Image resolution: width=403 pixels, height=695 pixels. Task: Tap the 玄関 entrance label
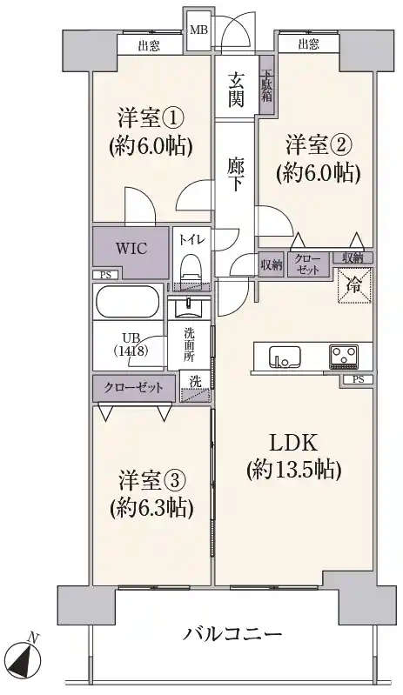236,90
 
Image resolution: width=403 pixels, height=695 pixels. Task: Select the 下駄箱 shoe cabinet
266,85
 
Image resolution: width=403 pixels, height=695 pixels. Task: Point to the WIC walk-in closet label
131,248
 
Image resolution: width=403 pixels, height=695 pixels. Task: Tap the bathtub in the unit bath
127,302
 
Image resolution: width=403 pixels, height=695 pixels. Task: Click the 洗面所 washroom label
190,344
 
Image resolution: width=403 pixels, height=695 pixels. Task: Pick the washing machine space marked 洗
195,387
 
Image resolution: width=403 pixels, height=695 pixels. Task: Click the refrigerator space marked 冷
354,286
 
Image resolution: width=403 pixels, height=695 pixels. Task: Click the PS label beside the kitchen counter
358,379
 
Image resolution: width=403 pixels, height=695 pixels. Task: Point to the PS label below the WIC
105,275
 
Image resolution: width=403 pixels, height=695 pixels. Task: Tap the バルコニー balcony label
232,634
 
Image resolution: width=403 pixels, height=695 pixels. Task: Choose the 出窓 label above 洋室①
149,45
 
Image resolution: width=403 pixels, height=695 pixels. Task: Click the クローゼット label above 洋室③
133,388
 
